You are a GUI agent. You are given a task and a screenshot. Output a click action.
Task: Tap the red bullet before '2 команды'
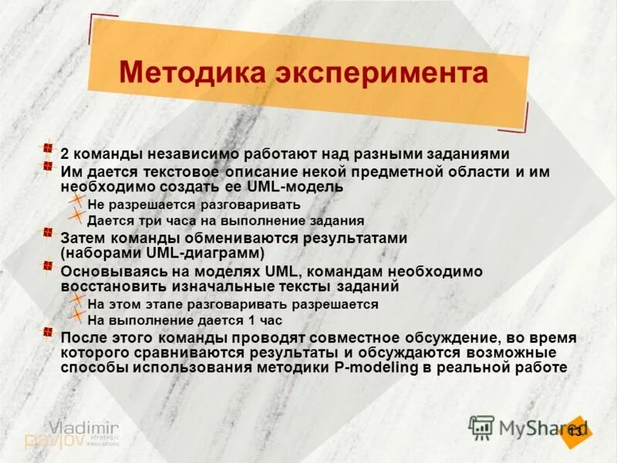tap(48, 148)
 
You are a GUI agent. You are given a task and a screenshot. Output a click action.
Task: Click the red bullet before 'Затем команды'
tap(48, 232)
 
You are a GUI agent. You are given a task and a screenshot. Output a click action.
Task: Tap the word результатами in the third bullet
tap(352, 238)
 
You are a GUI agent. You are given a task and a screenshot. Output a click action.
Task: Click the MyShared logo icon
tap(482, 427)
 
